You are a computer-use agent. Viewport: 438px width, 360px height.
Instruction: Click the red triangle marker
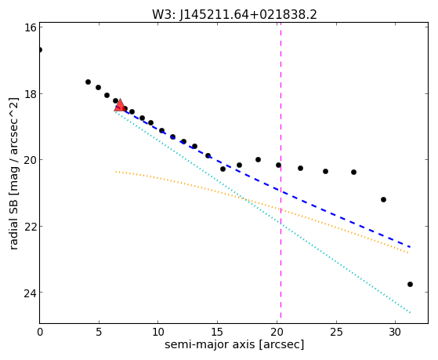120,105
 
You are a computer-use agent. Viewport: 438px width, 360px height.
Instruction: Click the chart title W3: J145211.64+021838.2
234,15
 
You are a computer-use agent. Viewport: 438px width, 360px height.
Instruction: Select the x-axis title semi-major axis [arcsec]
234,344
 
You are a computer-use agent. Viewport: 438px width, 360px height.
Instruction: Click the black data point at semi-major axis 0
40,50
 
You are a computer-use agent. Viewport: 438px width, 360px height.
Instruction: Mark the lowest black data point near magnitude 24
410,285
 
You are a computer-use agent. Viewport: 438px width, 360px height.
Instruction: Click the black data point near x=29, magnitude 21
383,200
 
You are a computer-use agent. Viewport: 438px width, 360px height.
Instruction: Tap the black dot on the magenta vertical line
278,165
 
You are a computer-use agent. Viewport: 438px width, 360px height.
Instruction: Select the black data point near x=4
88,82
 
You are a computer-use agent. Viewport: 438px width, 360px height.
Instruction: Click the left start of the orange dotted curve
116,172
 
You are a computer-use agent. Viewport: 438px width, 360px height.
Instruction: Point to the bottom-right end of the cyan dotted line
410,313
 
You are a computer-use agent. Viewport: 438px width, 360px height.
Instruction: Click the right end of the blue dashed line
411,247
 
